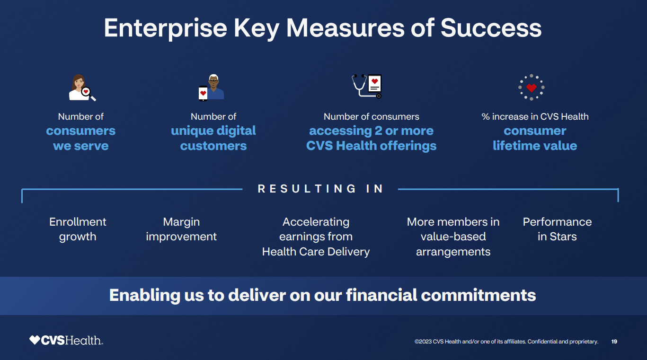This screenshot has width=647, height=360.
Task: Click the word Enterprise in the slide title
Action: (x=165, y=28)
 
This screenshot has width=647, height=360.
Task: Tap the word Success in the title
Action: (x=491, y=28)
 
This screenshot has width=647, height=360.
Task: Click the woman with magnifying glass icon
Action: (x=82, y=88)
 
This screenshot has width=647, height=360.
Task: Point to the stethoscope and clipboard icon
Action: (x=367, y=86)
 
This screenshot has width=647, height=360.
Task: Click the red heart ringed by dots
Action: (x=531, y=88)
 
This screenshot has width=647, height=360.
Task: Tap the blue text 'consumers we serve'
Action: (x=80, y=138)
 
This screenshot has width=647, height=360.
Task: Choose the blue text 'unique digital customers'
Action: (x=213, y=138)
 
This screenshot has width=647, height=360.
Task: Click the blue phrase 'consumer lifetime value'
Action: (x=535, y=138)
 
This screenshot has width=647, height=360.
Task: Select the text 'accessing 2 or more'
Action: (x=371, y=131)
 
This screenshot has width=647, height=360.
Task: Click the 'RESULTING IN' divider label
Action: (x=320, y=189)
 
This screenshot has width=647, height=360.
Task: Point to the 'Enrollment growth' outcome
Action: (x=78, y=229)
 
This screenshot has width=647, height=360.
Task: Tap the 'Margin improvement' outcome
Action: (x=181, y=229)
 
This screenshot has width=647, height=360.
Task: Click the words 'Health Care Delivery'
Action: (x=316, y=252)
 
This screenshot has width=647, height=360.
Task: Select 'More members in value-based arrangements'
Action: (x=453, y=237)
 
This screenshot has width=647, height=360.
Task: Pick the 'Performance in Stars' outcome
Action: (x=557, y=229)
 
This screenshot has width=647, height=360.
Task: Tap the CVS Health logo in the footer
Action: (x=66, y=340)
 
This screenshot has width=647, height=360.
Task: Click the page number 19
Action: (x=614, y=342)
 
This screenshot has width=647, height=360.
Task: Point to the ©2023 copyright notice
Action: (x=506, y=342)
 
